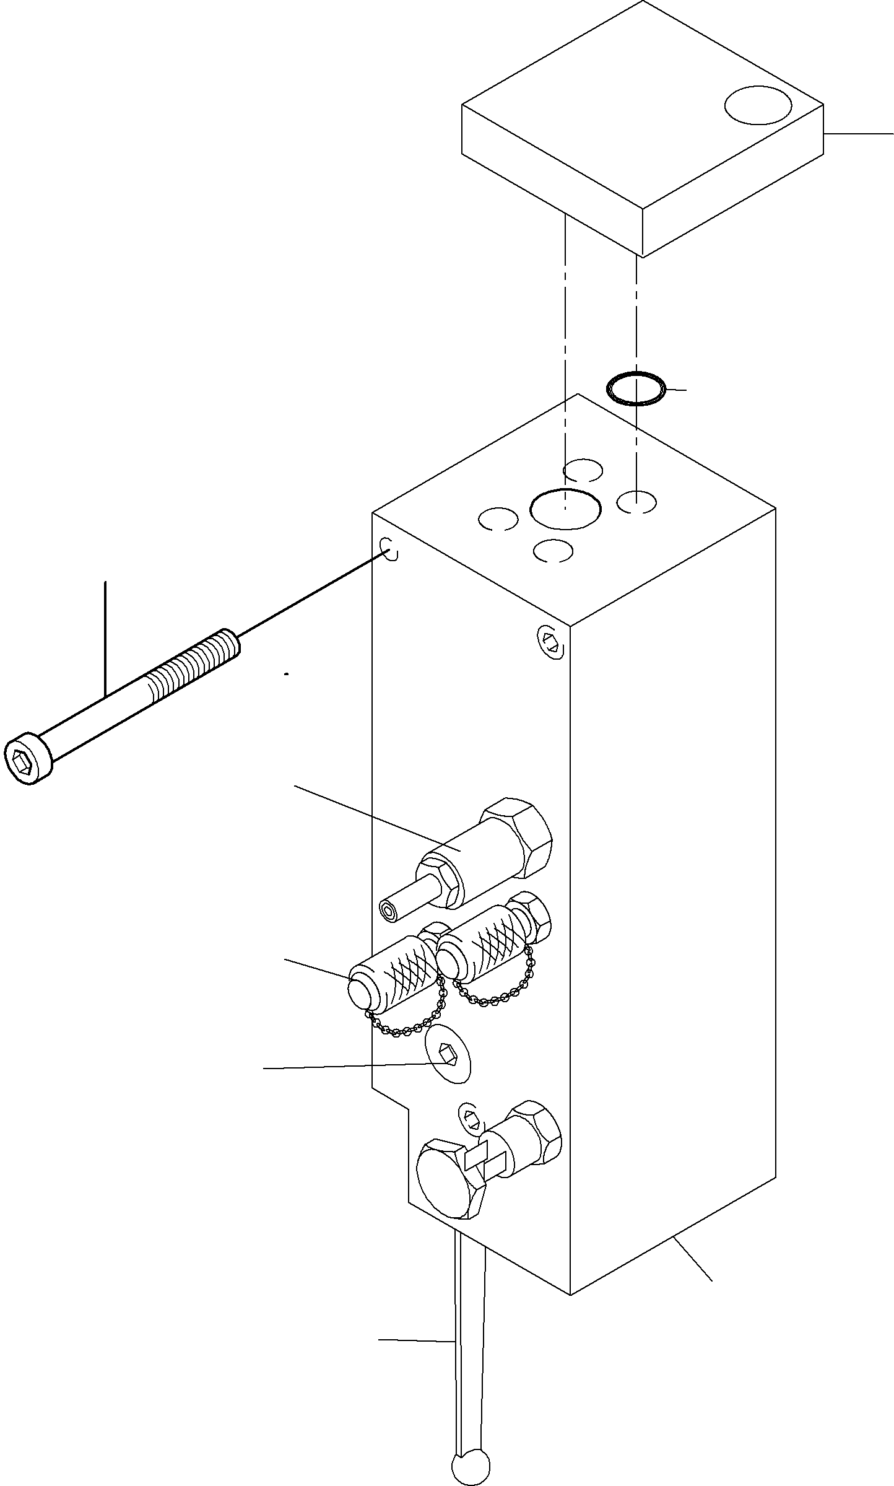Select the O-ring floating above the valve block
coord(636,390)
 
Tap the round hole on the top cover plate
coord(758,105)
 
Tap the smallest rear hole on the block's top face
coord(583,470)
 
